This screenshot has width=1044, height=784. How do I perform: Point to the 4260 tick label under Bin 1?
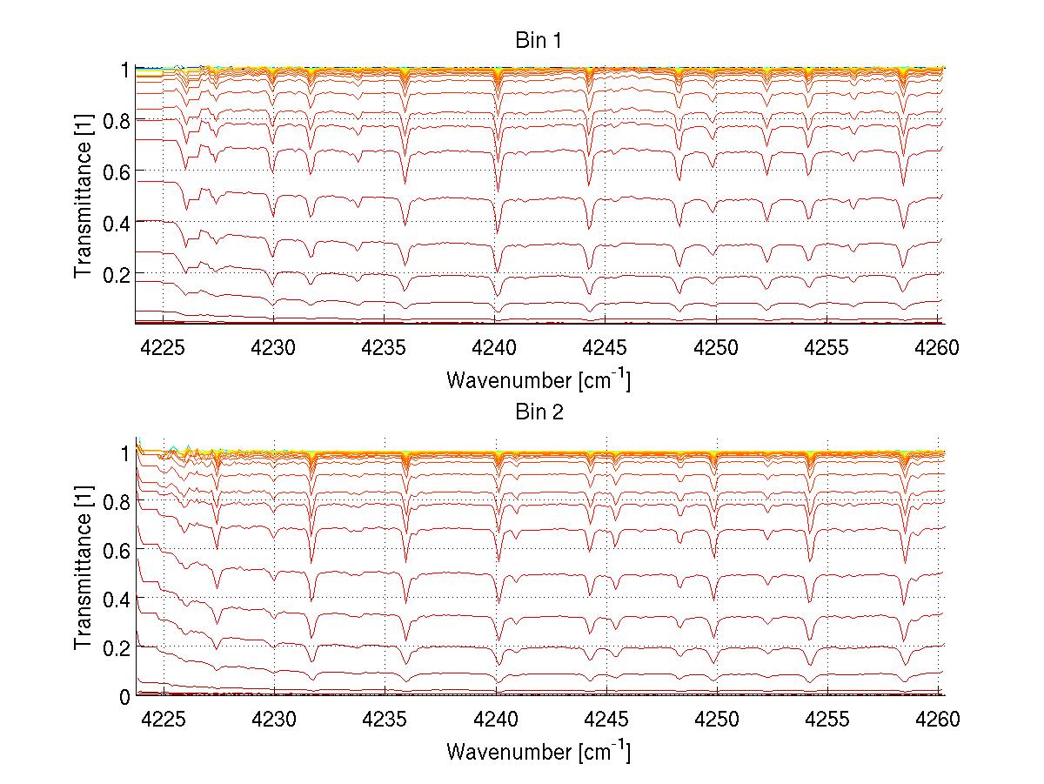[x=938, y=347]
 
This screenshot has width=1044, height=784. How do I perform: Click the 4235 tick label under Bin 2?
[x=385, y=719]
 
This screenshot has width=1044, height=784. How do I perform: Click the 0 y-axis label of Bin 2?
[x=125, y=696]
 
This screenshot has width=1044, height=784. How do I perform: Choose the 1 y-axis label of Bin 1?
[x=125, y=70]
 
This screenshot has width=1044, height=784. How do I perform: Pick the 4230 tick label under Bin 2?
[x=274, y=719]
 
